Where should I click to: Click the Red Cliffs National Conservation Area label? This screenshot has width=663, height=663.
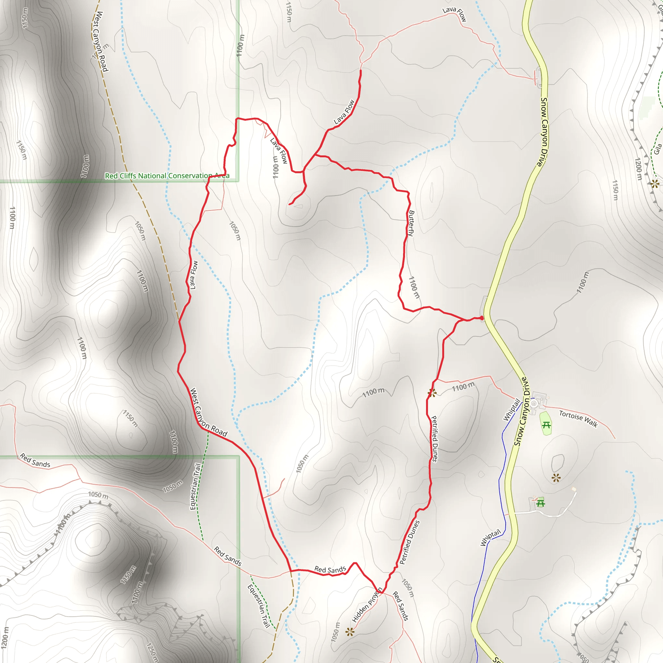tap(167, 176)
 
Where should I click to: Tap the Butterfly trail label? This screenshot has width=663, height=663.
tap(411, 223)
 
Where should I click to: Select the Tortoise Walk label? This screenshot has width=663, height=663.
tap(578, 419)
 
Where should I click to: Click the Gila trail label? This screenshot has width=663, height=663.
tap(657, 149)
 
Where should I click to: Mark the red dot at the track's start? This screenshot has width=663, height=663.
tap(482, 318)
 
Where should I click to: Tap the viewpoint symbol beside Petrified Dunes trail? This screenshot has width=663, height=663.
tap(432, 393)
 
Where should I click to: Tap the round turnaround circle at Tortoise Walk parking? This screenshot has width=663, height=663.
tap(534, 404)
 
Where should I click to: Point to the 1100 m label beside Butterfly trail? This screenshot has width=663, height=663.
tap(414, 287)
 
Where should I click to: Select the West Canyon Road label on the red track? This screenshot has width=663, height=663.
tap(208, 412)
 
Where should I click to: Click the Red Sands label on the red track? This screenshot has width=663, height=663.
tap(330, 570)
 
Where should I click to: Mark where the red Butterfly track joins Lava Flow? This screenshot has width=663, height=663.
tap(315, 155)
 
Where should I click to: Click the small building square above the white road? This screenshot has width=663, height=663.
tap(574, 489)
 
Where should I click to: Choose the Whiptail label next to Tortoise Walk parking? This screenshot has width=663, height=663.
tap(511, 410)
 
